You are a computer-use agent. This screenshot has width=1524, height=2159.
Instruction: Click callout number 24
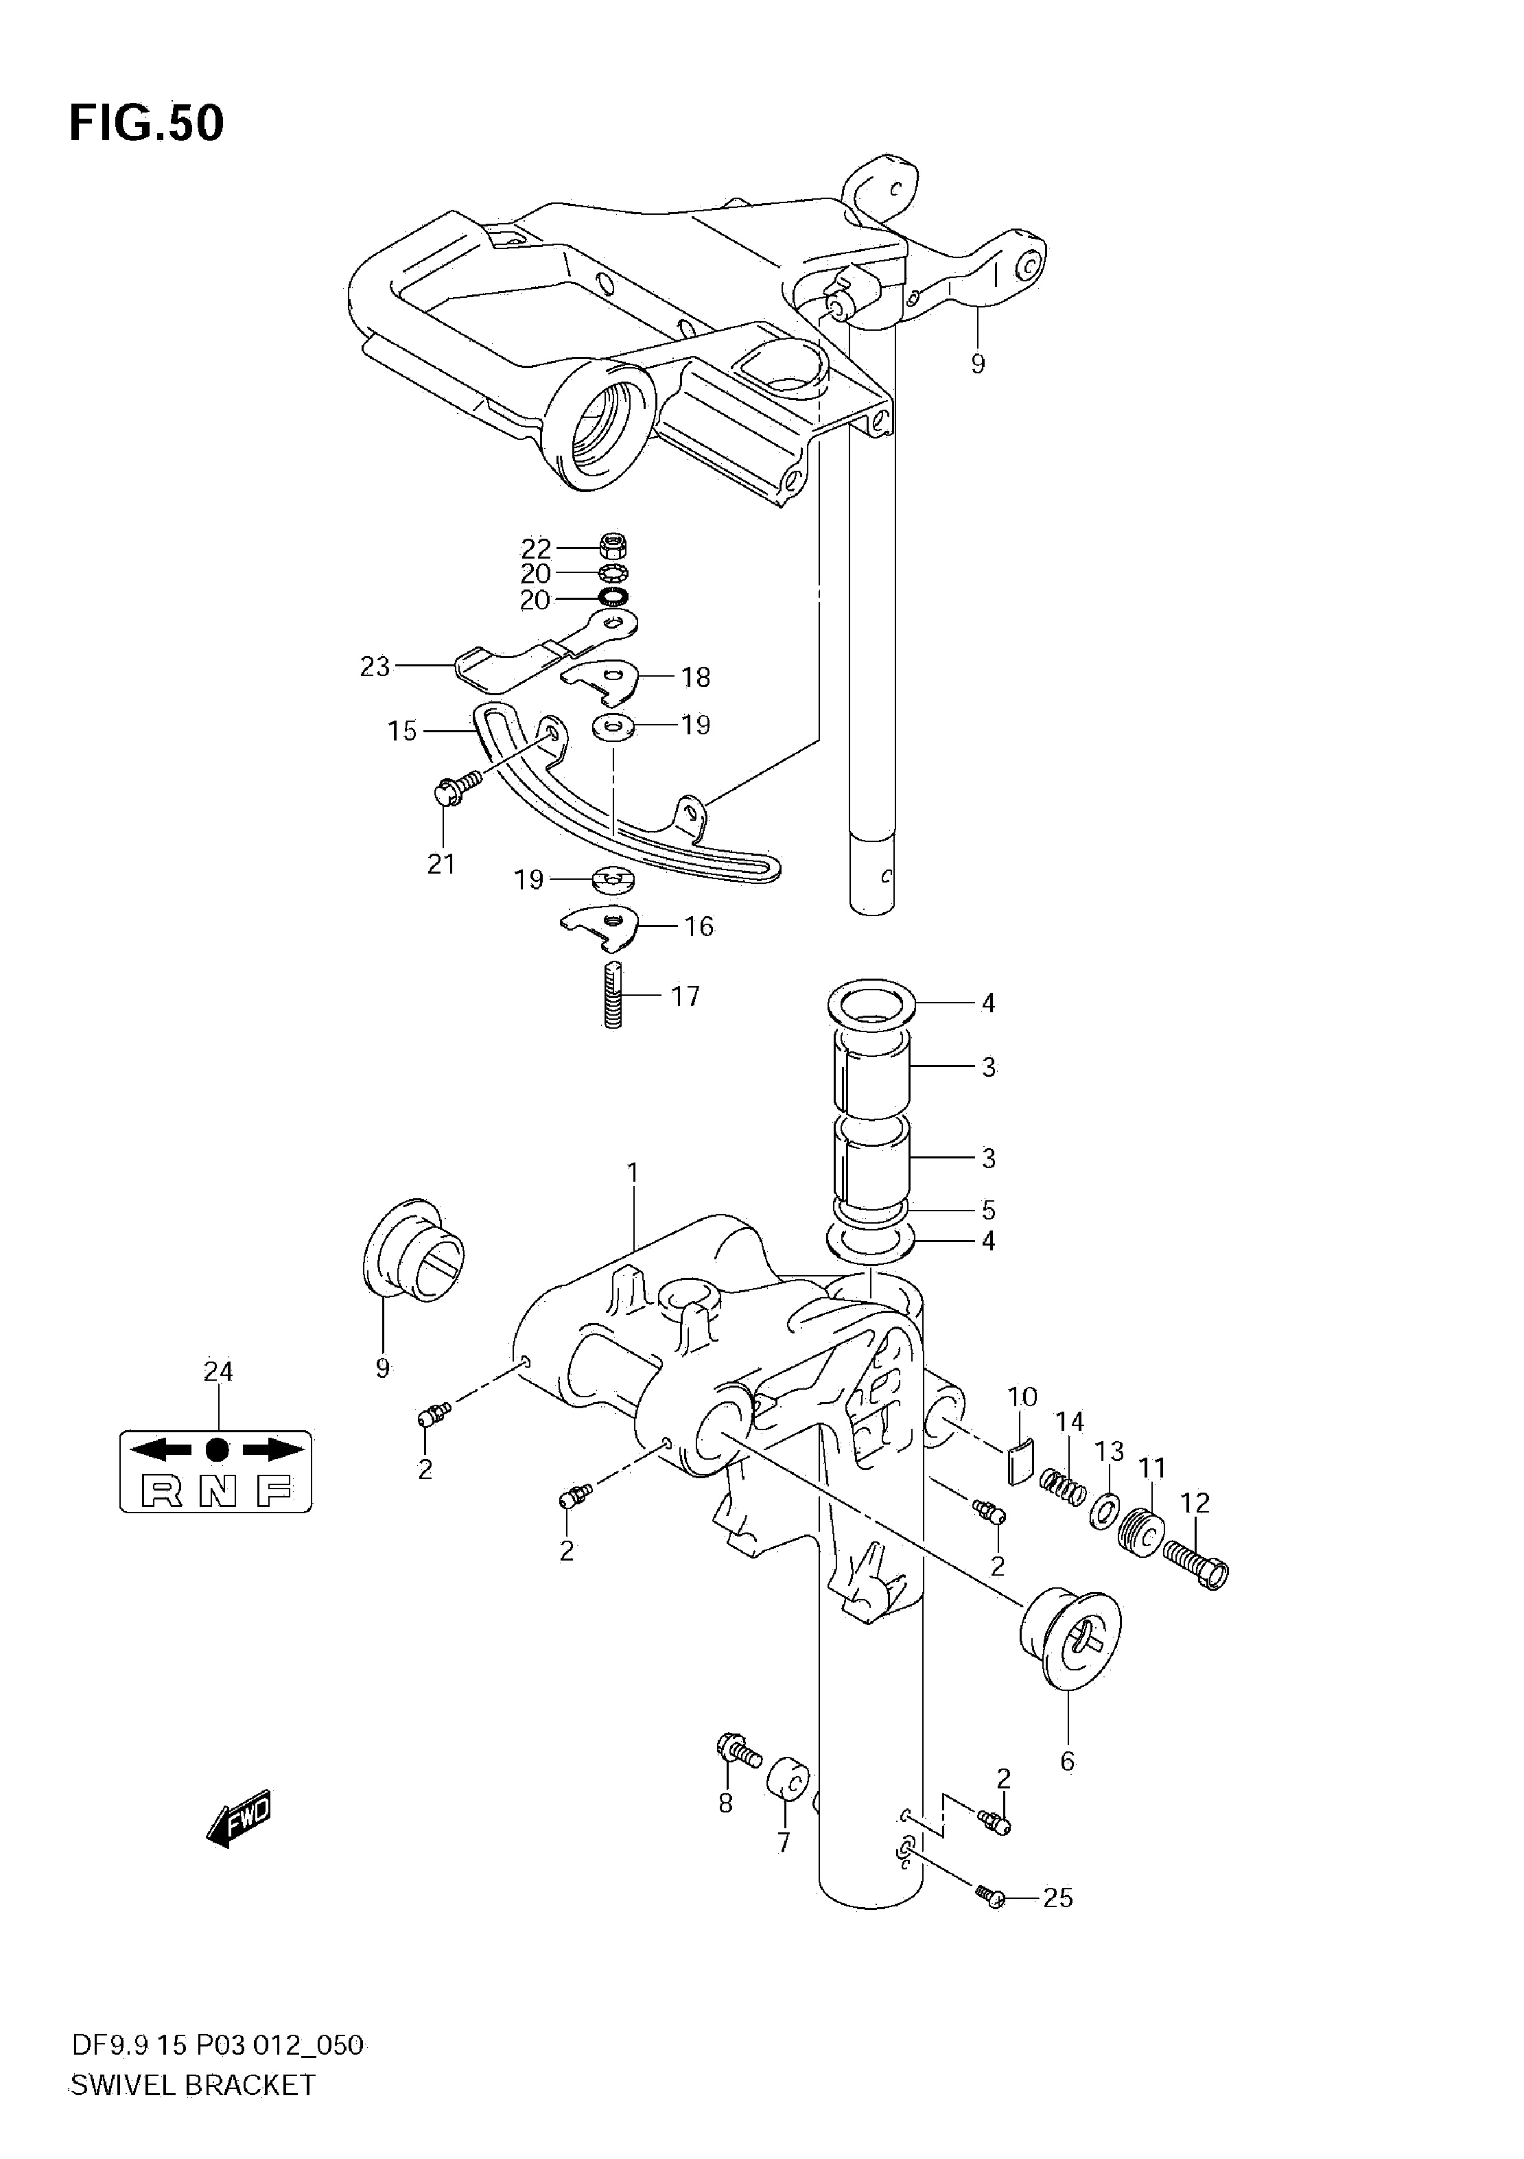(218, 1372)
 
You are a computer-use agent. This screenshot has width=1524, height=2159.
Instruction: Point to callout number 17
(685, 996)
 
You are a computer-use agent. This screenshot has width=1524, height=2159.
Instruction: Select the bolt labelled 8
(738, 1752)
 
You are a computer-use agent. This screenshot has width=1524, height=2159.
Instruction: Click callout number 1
(633, 1173)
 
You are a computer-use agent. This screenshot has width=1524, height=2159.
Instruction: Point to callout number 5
(988, 1209)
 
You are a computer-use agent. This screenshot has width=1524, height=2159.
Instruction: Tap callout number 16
(699, 926)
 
